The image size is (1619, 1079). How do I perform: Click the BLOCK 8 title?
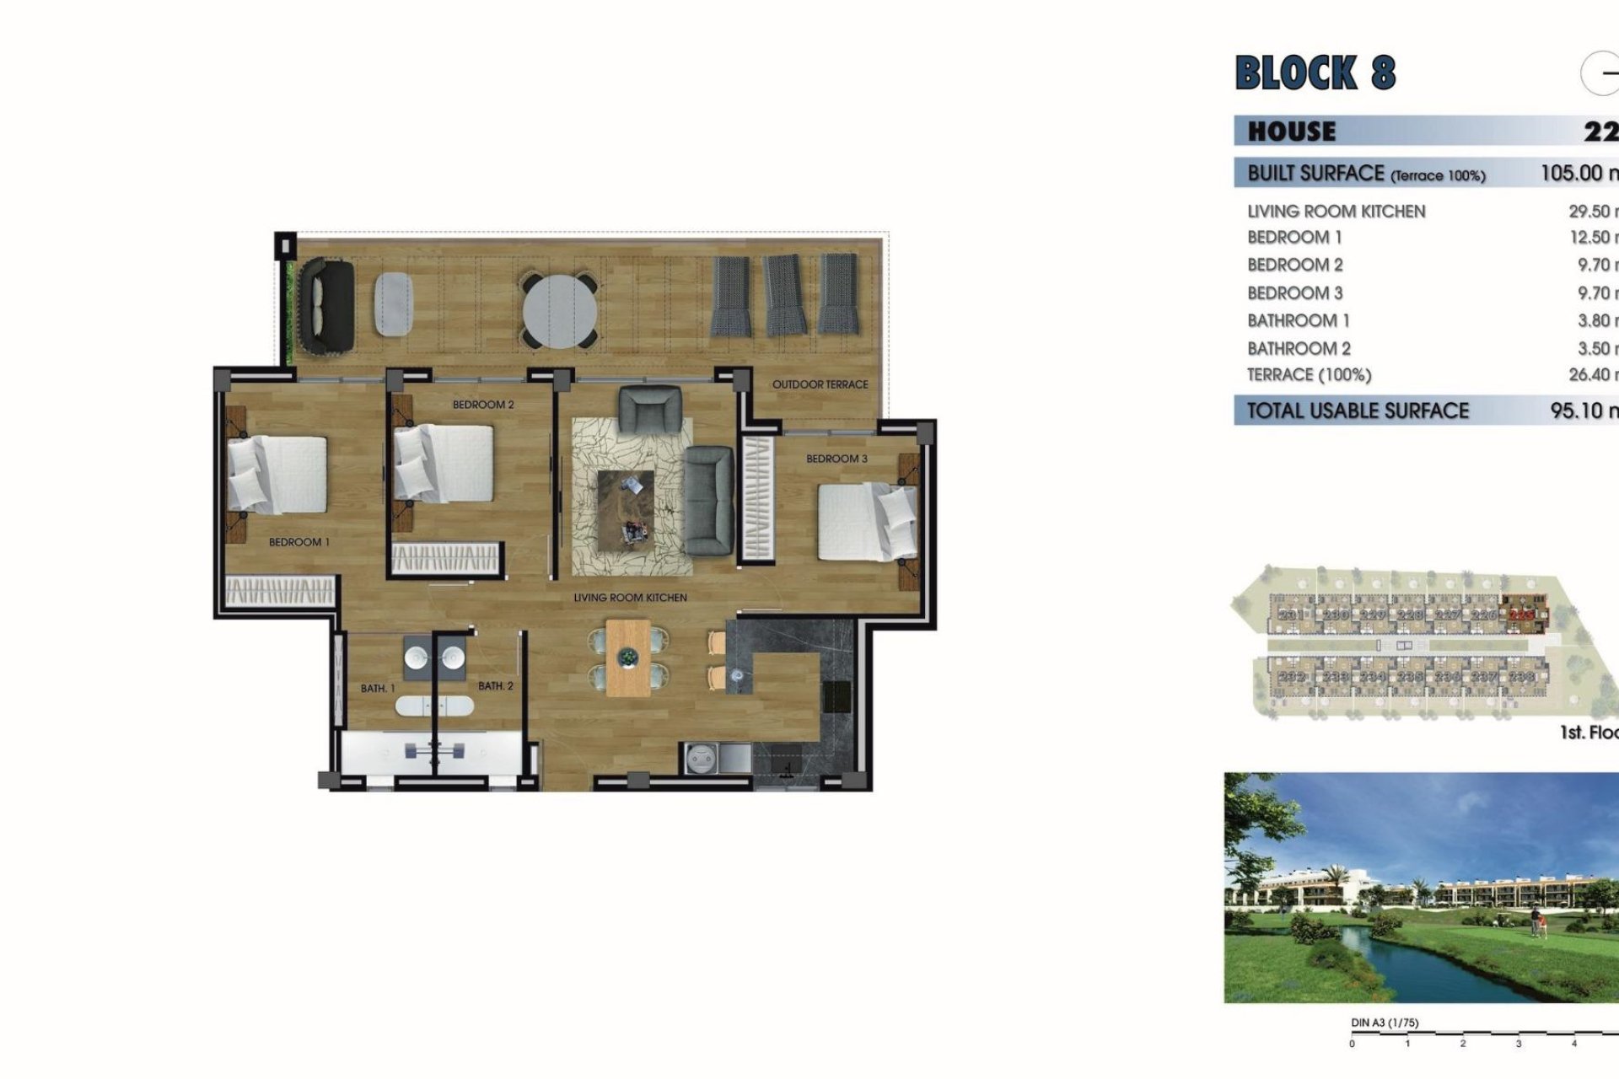coord(1315,72)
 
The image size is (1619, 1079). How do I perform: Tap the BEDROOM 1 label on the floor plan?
coord(299,542)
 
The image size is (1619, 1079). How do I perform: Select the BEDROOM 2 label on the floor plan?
coord(483,405)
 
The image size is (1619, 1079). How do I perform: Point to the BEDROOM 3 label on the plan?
coord(836,459)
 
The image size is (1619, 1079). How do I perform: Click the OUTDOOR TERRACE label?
coord(820,384)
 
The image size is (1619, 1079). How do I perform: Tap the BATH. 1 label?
coord(377,689)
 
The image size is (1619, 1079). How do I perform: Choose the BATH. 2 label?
coord(495,686)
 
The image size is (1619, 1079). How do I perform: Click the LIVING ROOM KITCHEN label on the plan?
coord(630,598)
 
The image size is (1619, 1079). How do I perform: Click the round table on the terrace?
coord(559,309)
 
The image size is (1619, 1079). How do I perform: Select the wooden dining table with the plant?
coord(628,658)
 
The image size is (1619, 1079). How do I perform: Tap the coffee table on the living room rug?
coord(626,508)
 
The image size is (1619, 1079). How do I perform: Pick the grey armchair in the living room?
coord(648,409)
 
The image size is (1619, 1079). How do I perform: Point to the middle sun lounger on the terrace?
coord(784,295)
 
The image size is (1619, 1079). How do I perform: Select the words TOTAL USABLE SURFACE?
coord(1358,411)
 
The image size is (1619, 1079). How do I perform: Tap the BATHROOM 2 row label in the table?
coord(1299,348)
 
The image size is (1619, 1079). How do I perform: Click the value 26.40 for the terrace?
coord(1589,374)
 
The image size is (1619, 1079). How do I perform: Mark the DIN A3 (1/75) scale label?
coord(1385,1023)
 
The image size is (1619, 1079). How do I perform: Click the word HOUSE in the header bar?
coord(1292,132)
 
